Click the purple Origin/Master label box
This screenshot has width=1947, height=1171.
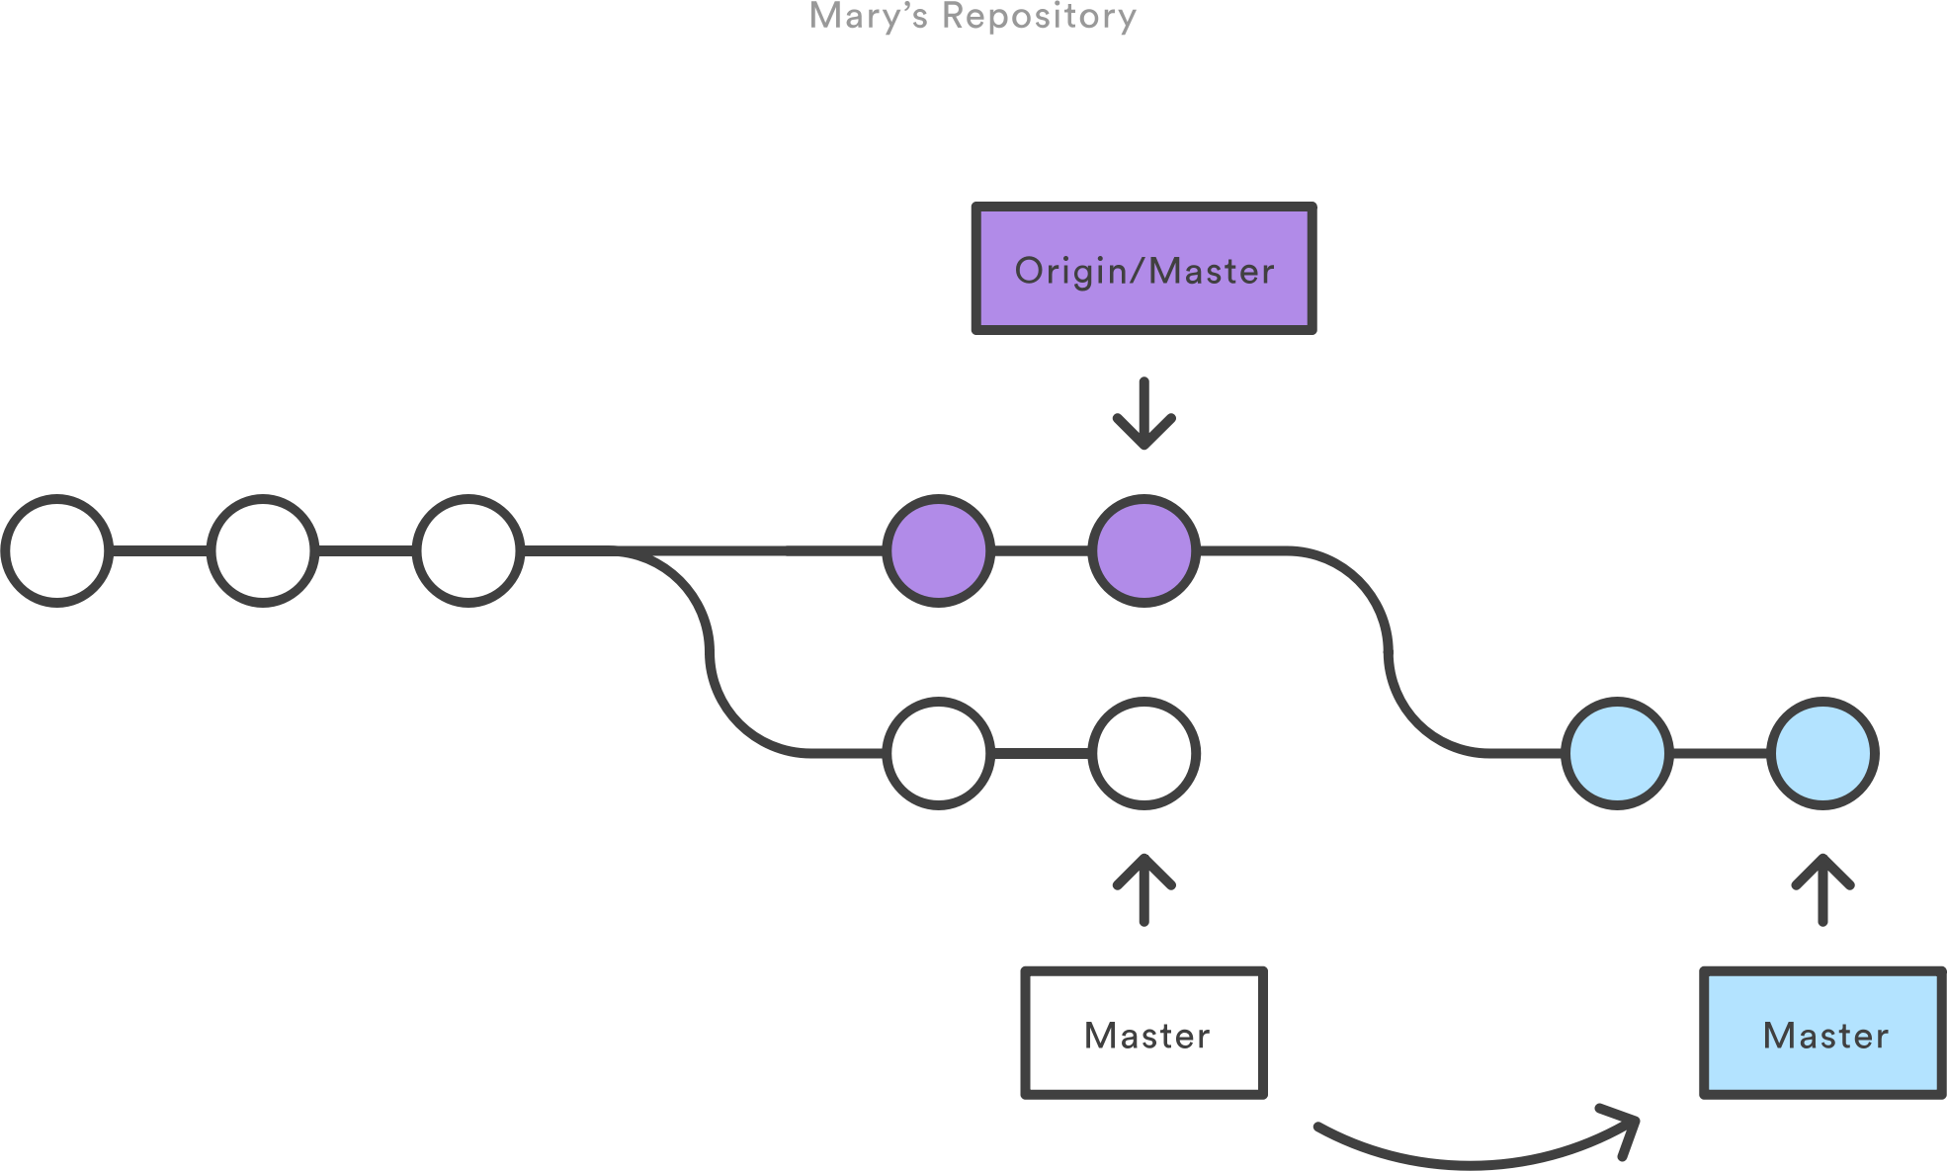[x=1143, y=269]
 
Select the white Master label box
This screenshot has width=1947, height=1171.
[x=1143, y=1033]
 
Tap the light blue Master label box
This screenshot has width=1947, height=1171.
[x=1822, y=1033]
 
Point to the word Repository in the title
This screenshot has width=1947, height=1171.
[x=1039, y=17]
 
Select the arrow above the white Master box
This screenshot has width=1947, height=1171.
[x=1143, y=889]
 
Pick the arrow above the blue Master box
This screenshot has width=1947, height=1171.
[x=1822, y=889]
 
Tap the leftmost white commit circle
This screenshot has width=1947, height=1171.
[x=57, y=550]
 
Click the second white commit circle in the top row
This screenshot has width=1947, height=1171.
[x=263, y=550]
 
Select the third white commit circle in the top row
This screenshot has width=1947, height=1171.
[x=468, y=550]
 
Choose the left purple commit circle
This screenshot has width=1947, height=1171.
[x=938, y=550]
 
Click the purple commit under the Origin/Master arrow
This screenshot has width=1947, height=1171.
[x=1143, y=550]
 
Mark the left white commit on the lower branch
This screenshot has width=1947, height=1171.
[x=938, y=754]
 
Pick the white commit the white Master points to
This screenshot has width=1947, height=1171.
[x=1143, y=754]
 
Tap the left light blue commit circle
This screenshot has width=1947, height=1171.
[x=1617, y=754]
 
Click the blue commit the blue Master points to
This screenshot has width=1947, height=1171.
[x=1822, y=754]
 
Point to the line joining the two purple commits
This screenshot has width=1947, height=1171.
[x=1041, y=550]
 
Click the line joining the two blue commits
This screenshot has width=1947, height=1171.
[x=1720, y=754]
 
